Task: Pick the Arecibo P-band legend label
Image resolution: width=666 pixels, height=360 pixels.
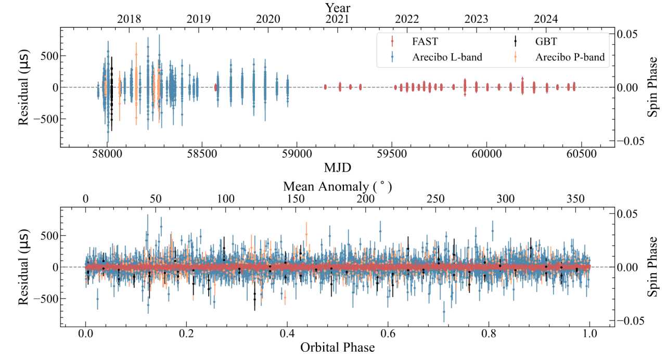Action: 570,57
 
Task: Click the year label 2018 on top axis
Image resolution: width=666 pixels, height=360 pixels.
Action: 129,19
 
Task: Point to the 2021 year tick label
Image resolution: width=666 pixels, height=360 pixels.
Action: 337,19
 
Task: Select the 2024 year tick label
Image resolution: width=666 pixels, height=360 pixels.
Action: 546,19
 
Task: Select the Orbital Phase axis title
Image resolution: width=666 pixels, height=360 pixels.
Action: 337,347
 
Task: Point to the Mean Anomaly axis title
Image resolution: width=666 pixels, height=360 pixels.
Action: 337,186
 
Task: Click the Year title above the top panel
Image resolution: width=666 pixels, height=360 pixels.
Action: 338,7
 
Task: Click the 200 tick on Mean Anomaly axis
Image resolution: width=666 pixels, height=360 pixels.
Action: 366,199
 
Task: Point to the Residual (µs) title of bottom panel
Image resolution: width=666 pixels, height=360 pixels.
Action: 23,267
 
